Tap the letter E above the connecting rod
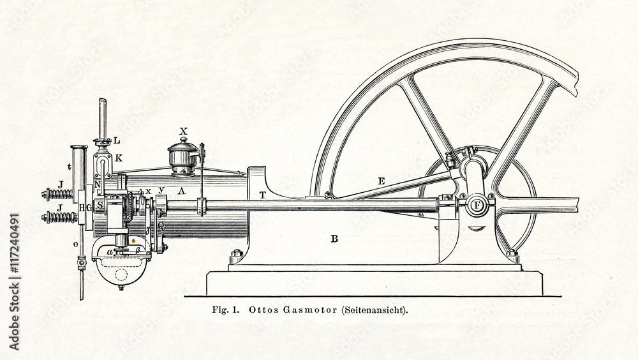[381, 181]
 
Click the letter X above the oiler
[184, 131]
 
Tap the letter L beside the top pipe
[116, 140]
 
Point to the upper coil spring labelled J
[58, 193]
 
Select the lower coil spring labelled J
[58, 217]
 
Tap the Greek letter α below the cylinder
[110, 251]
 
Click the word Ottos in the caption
[260, 311]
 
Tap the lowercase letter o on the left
[75, 244]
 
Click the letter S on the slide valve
[100, 205]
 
